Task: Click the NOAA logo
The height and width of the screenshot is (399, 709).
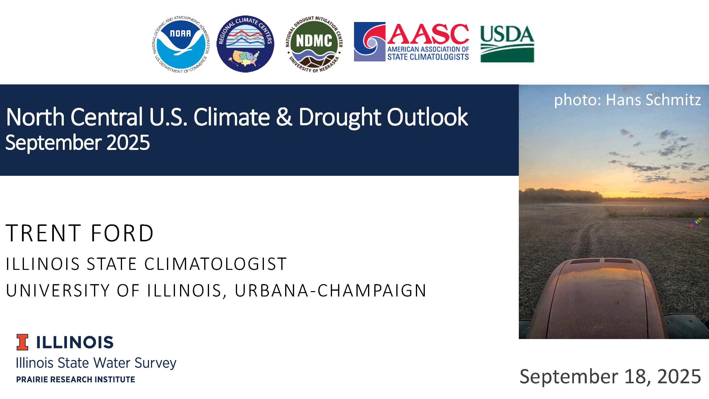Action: coord(181,44)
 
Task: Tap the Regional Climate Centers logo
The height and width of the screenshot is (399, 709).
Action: coord(245,44)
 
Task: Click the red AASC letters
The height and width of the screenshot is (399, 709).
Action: coord(428,34)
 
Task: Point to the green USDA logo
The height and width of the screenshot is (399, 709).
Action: coord(507,44)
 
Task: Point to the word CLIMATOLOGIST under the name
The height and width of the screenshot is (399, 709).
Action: coord(216,264)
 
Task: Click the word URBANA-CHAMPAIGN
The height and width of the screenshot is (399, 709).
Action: coord(330,290)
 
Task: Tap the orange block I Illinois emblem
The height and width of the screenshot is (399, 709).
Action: coord(22,342)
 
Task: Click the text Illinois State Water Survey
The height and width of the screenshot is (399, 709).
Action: coord(96,363)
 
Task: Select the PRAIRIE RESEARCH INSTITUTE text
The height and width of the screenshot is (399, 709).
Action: coord(76,379)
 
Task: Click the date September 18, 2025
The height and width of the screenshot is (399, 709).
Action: coord(610,377)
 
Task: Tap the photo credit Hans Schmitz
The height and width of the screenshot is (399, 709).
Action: coord(653,100)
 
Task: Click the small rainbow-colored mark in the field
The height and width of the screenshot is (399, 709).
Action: coord(696,222)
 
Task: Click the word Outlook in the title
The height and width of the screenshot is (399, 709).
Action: coord(427,117)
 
